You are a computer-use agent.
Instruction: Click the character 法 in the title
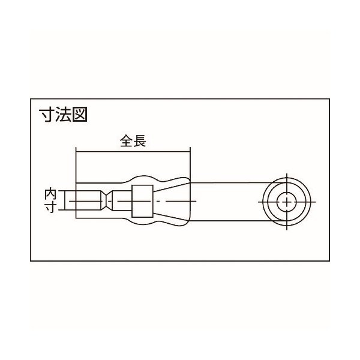pos(63,114)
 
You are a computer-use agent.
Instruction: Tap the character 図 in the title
pos(79,114)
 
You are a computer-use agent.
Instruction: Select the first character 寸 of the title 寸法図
pos(48,114)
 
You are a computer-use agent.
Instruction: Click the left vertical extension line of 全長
pos(76,165)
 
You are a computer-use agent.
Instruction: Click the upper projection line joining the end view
pos(228,180)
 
